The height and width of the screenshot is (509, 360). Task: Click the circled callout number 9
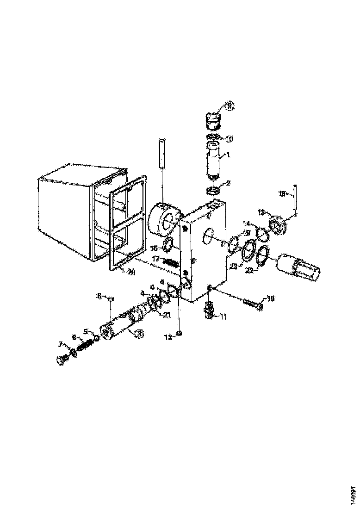click(x=230, y=106)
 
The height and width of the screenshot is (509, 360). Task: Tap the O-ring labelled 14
click(x=262, y=234)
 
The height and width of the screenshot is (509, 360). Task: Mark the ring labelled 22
click(x=263, y=255)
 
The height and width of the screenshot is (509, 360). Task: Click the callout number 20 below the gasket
click(x=132, y=272)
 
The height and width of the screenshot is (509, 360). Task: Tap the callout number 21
click(x=166, y=315)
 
